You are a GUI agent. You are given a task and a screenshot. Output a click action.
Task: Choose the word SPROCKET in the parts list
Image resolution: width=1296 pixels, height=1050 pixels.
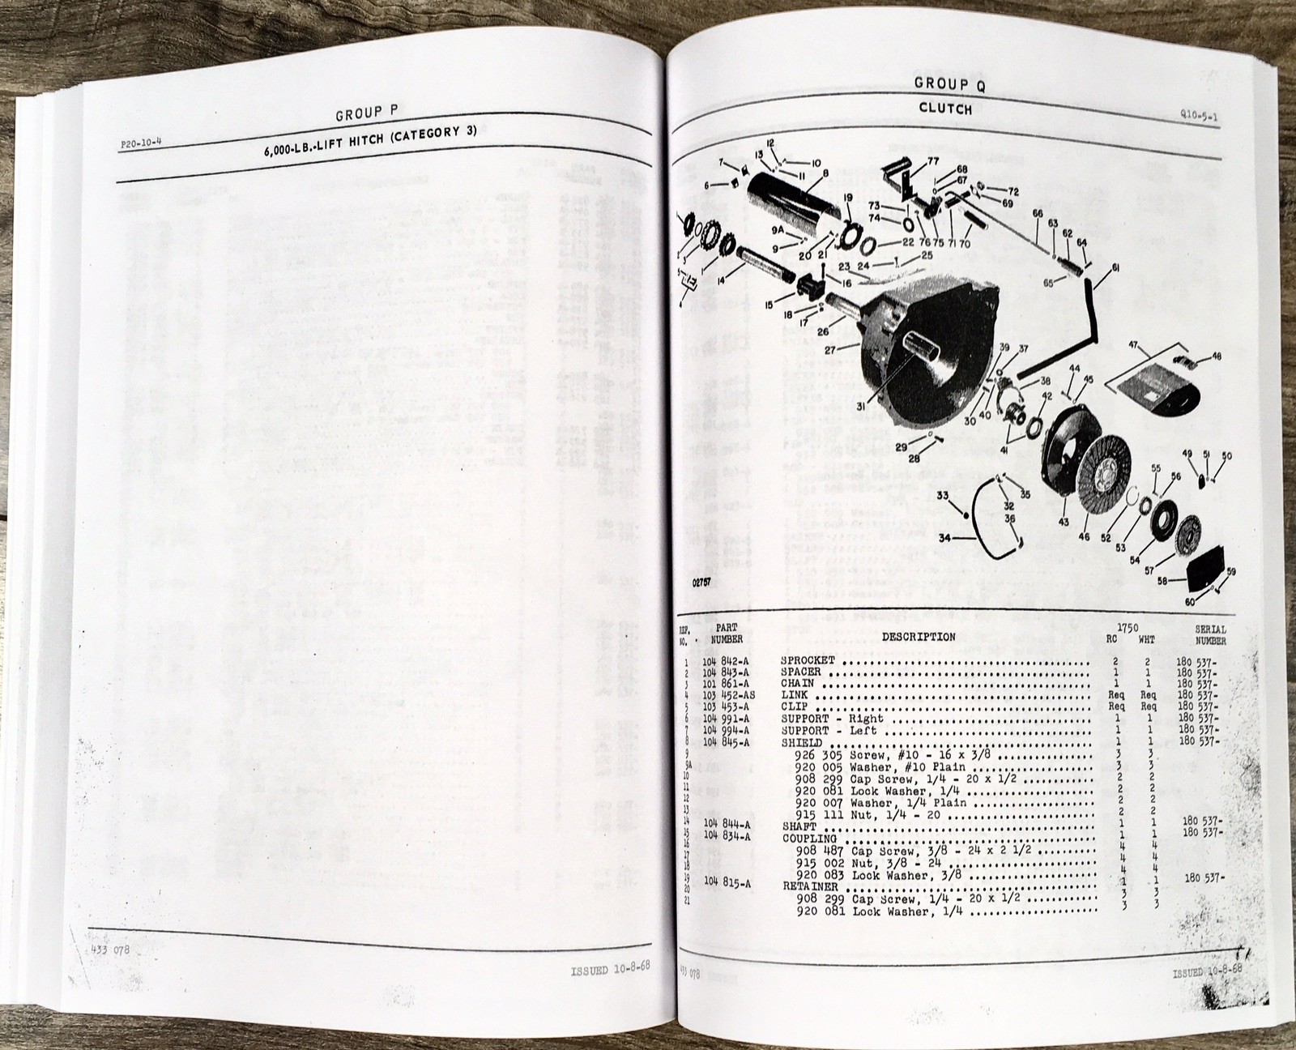808,660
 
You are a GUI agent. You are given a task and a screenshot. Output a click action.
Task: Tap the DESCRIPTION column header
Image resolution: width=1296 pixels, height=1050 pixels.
918,637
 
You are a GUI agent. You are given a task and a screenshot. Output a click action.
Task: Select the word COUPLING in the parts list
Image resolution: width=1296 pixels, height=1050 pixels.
808,839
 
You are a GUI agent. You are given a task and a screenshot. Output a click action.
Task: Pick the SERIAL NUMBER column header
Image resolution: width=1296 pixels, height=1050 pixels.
1210,634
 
